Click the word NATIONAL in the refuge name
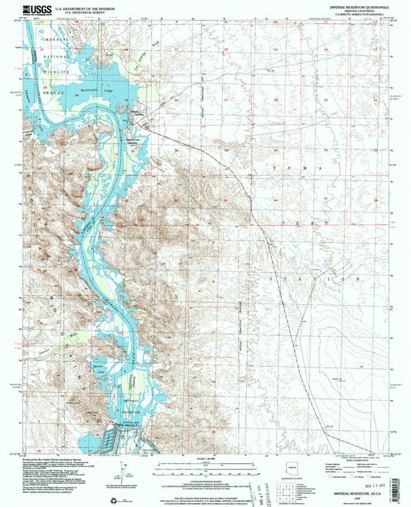click(56, 59)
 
